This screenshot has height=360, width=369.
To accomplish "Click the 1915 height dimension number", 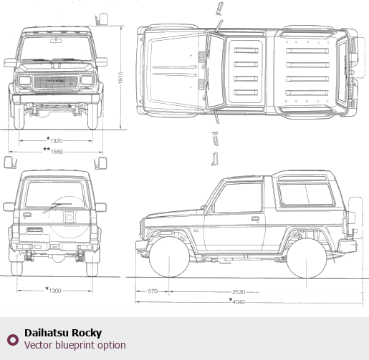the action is (x=120, y=77).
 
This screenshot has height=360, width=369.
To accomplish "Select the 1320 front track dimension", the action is (x=57, y=141).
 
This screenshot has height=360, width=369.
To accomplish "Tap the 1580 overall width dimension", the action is (x=57, y=152).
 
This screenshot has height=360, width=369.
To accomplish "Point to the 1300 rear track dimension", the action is (x=55, y=291).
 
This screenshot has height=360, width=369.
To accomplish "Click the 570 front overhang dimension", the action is (x=153, y=291).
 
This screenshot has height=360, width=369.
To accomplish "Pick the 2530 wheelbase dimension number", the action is (x=239, y=292).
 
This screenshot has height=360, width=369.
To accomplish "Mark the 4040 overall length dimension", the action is (x=239, y=302).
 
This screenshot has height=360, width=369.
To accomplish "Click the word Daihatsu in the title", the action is (x=46, y=333).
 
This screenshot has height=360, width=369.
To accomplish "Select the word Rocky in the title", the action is (x=87, y=334).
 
